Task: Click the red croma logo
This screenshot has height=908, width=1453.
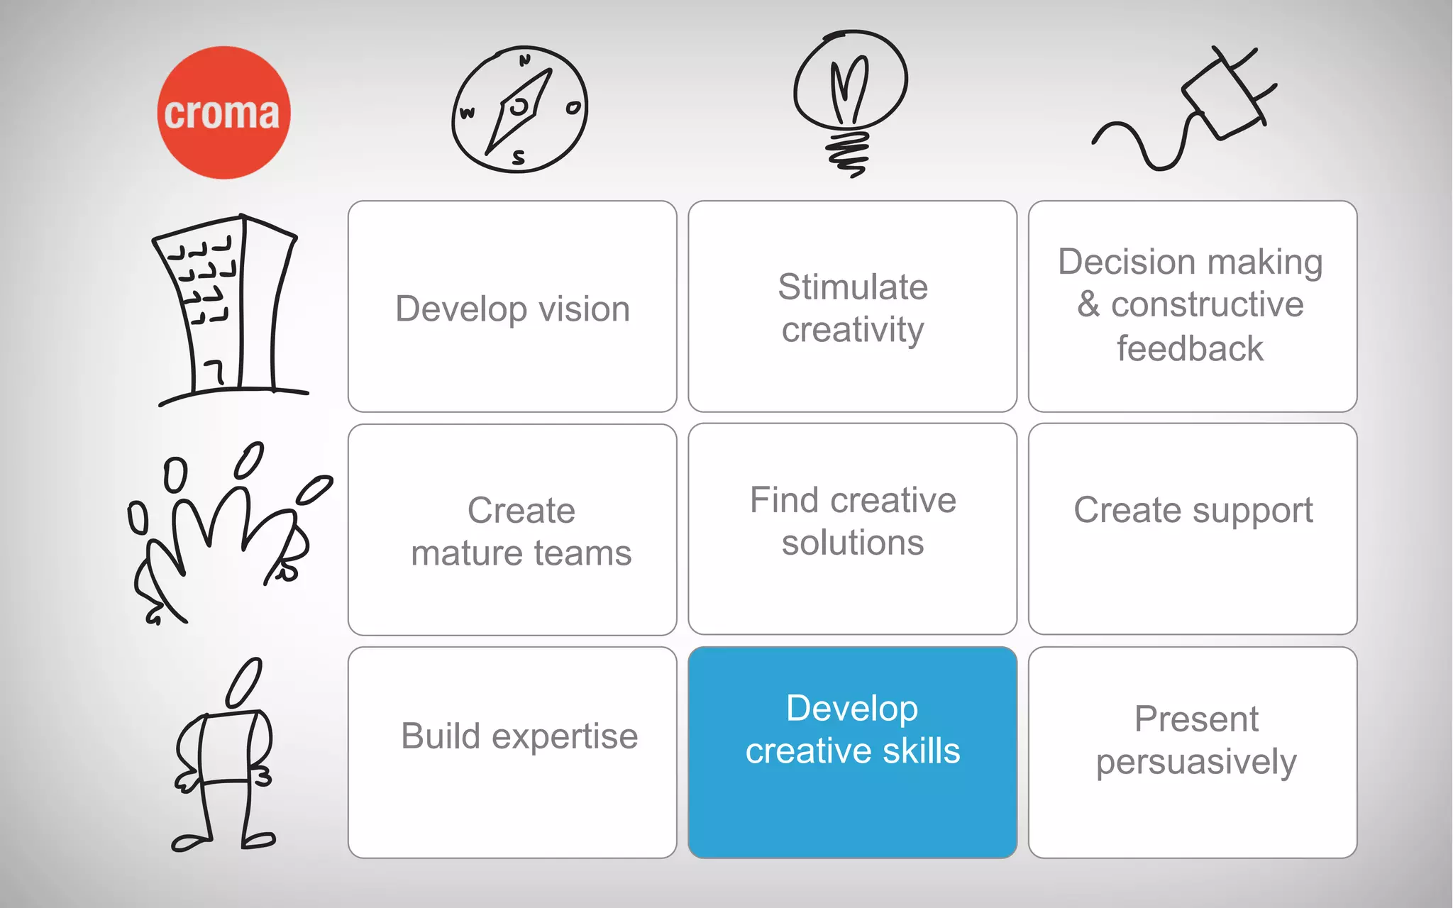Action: (223, 112)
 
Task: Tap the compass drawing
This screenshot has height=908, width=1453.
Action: (519, 110)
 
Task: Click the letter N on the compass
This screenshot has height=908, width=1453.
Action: (524, 60)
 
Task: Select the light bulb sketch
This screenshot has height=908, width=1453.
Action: (850, 99)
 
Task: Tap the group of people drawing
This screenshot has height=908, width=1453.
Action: (227, 532)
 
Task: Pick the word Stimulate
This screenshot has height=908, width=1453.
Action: (852, 287)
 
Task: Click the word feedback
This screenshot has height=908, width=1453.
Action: (1190, 349)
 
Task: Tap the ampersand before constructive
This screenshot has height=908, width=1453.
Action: (1088, 305)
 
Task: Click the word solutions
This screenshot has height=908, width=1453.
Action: (852, 543)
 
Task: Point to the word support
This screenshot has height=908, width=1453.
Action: (1249, 511)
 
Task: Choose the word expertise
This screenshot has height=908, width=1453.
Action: (565, 737)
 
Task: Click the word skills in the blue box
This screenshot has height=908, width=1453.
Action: (921, 751)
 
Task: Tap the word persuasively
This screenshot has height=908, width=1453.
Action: (1195, 763)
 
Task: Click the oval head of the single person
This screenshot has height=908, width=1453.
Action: (244, 682)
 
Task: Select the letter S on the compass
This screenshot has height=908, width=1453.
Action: (519, 157)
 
